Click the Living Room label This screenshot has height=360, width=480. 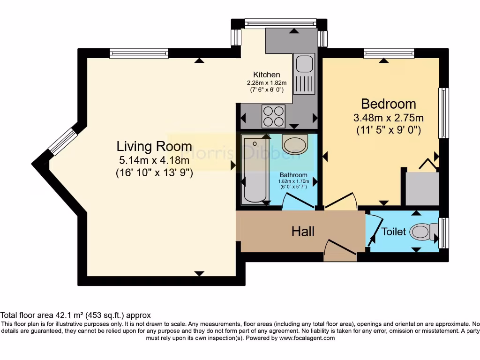(x=154, y=146)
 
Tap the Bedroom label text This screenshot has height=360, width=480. (x=389, y=104)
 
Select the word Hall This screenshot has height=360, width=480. (x=303, y=232)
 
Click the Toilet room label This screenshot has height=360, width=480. (x=393, y=232)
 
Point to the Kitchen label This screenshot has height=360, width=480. (x=267, y=75)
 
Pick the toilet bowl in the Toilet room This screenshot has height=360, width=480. (x=420, y=232)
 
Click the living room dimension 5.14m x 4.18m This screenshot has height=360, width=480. (x=154, y=160)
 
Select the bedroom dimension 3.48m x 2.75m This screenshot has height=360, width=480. (x=389, y=117)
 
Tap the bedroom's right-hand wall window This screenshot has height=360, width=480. (x=443, y=113)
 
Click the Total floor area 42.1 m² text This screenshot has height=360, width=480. (x=75, y=315)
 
